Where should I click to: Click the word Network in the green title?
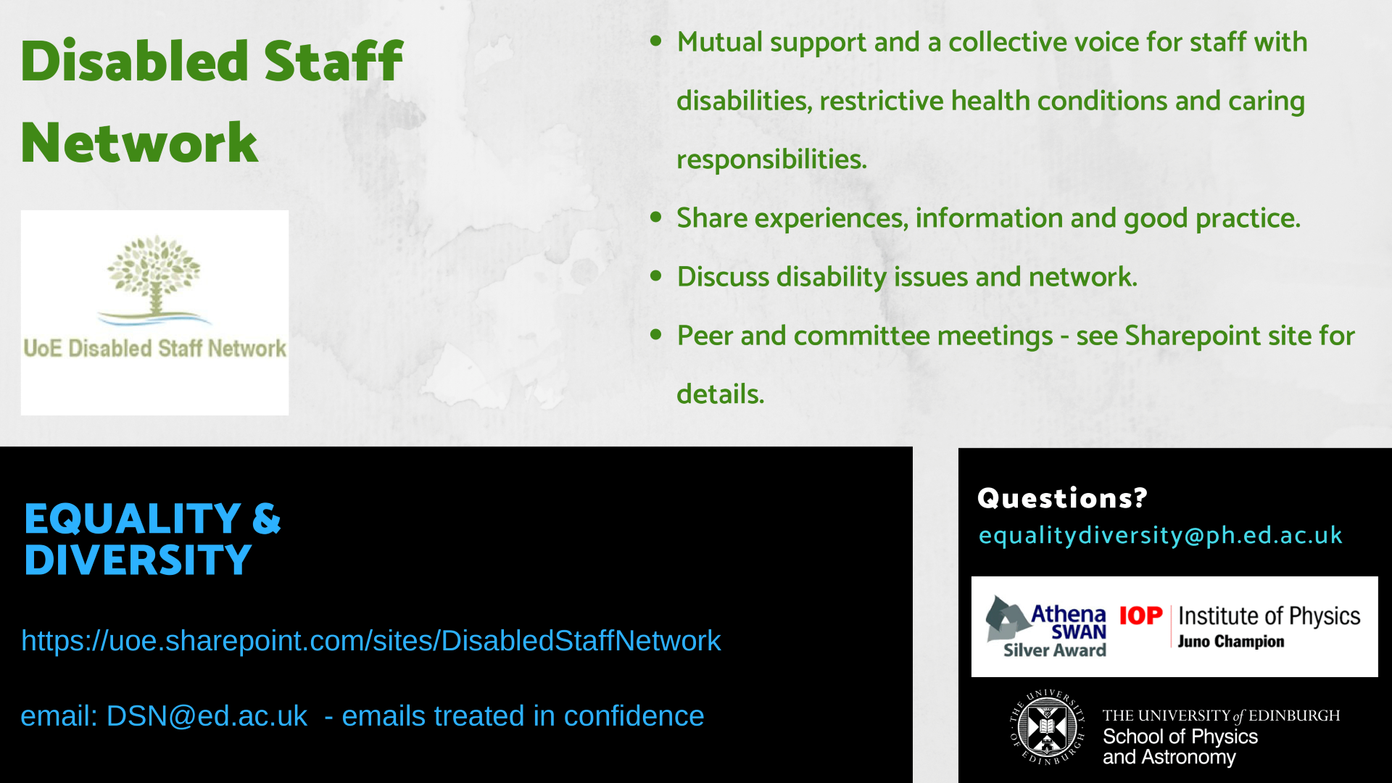[x=139, y=143]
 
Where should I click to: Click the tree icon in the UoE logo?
[x=154, y=278]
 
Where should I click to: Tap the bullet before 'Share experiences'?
[x=656, y=217]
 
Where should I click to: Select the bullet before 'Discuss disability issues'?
[x=656, y=275]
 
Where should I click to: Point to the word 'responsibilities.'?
[x=771, y=159]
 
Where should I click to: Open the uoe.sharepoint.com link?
[x=371, y=641]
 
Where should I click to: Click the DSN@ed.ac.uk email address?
[x=207, y=716]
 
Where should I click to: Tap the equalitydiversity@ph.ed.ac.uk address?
[x=1160, y=535]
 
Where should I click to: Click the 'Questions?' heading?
[x=1062, y=498]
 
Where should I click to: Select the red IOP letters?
[x=1140, y=616]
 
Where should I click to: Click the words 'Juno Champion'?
[x=1230, y=642]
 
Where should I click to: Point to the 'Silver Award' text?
[x=1055, y=650]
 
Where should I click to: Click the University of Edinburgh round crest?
[x=1048, y=727]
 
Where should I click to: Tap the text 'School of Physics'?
[x=1180, y=737]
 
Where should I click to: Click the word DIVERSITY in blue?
[x=138, y=560]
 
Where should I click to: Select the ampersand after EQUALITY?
[x=266, y=519]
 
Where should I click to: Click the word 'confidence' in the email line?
[x=634, y=716]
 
